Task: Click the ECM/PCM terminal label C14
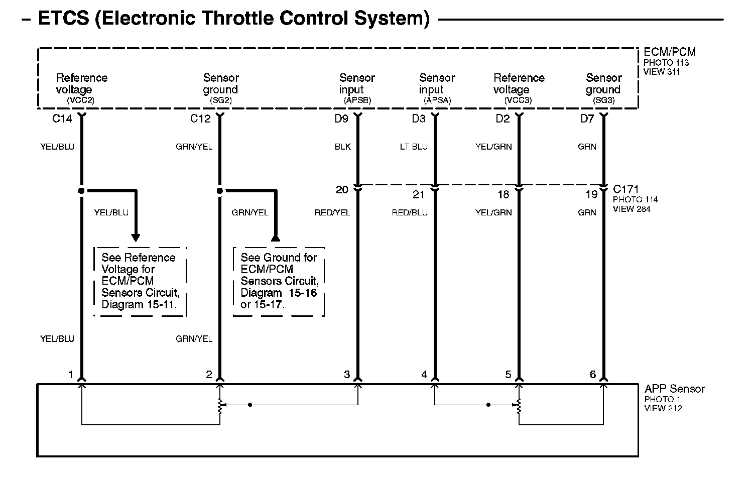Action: coord(62,119)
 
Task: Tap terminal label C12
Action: coord(200,119)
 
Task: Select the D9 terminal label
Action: coord(341,119)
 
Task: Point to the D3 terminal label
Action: coord(419,119)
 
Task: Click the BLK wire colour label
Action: coord(343,147)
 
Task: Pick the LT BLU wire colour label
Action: coord(414,147)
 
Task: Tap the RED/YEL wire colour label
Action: coord(332,213)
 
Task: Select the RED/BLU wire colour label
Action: coord(410,213)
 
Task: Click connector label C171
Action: coord(625,190)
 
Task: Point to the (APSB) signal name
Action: coord(357,100)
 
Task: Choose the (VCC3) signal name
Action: coord(518,100)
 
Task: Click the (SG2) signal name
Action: coord(221,100)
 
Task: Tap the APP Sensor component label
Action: coord(675,389)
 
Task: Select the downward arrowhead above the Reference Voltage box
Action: coord(136,237)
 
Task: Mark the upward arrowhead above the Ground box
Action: coord(275,237)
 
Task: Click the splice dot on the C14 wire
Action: coord(81,191)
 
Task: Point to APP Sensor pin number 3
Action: coord(346,375)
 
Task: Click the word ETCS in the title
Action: coord(63,19)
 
